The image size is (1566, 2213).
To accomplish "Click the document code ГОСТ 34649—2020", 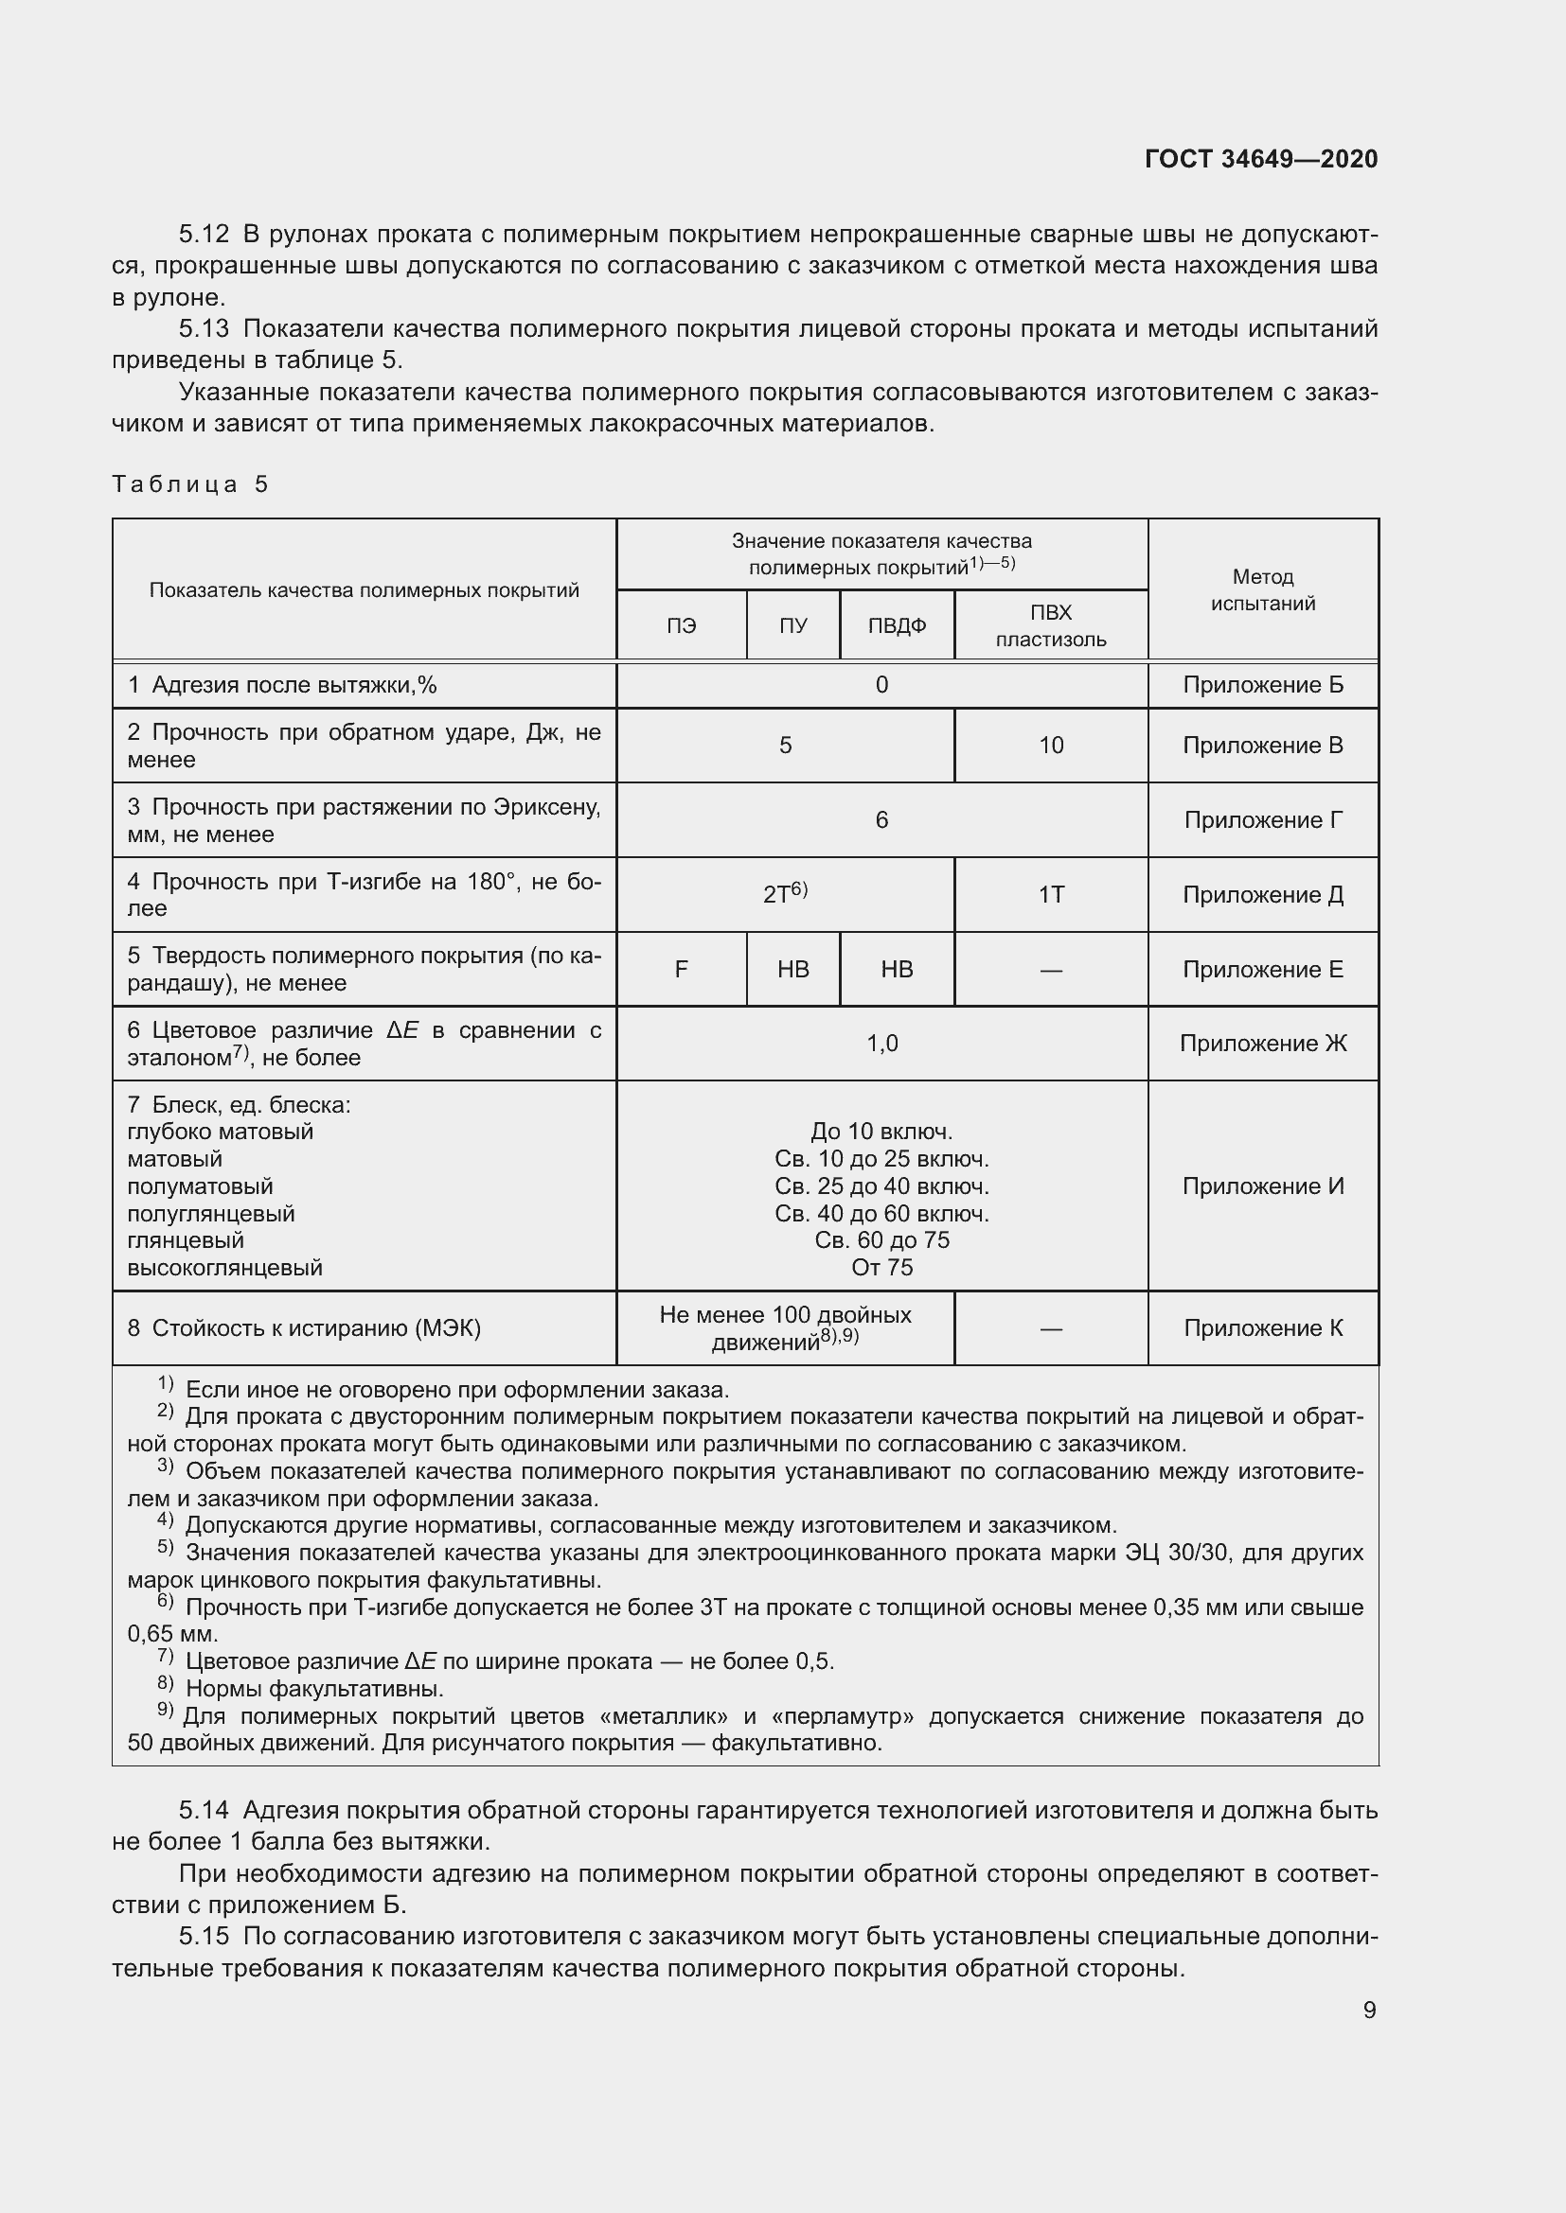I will point(1260,159).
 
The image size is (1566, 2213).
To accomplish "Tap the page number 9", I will point(1369,2010).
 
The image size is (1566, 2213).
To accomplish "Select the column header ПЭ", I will point(681,625).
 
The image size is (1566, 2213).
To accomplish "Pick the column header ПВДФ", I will point(897,625).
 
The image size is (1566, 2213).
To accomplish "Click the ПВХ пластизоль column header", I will point(1050,625).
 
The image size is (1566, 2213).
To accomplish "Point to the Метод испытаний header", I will point(1262,589).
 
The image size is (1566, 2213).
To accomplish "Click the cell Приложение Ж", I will point(1262,1044).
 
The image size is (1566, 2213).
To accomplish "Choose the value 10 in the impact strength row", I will point(1050,745).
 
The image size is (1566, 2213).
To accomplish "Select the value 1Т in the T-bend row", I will point(1050,895).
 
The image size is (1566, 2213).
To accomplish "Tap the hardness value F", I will point(681,970).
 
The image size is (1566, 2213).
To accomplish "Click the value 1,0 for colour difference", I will point(881,1044).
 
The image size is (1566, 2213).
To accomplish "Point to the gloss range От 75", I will point(881,1268).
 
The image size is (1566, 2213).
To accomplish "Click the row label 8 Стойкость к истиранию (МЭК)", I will point(304,1328).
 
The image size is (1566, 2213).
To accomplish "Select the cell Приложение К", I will point(1262,1328).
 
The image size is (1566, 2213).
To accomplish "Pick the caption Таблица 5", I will point(190,483).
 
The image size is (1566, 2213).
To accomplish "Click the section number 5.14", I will point(204,1810).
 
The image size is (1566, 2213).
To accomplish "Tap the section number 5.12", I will point(204,235).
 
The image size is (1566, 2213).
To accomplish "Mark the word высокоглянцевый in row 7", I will point(224,1268).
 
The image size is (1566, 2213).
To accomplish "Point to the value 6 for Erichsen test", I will point(881,820).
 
